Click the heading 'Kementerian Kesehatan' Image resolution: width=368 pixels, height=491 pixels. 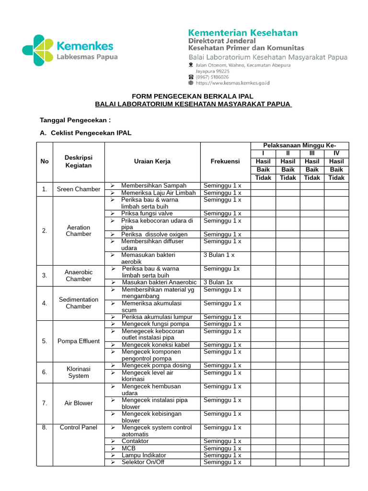click(x=243, y=33)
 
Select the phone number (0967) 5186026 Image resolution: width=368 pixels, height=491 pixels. click(x=211, y=77)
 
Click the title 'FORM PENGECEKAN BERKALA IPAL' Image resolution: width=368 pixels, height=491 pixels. click(x=193, y=97)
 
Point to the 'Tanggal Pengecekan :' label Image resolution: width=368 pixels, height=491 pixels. click(x=75, y=119)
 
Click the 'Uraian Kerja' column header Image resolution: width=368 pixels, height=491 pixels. click(x=152, y=162)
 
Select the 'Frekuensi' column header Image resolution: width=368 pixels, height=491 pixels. click(x=225, y=162)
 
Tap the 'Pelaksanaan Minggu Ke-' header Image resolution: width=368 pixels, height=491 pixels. click(x=299, y=146)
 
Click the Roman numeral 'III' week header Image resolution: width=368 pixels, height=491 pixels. click(x=312, y=153)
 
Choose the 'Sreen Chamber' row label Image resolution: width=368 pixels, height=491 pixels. click(x=79, y=189)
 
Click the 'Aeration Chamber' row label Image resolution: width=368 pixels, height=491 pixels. click(x=79, y=231)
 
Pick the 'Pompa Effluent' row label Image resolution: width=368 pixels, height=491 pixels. click(x=79, y=341)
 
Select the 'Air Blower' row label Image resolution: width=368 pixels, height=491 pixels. click(x=79, y=403)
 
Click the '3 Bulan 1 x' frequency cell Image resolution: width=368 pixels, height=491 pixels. click(x=219, y=256)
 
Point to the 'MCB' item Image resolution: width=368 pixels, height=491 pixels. click(x=129, y=448)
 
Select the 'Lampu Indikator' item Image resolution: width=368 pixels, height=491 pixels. click(x=144, y=455)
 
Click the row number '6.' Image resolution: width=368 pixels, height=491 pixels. click(x=45, y=372)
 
